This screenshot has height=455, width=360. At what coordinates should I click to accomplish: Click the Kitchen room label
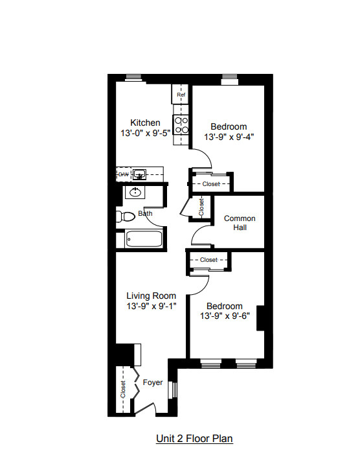[x=145, y=122]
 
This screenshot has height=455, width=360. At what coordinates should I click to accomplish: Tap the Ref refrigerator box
[x=181, y=95]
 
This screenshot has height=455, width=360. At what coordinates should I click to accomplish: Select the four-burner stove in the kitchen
[x=181, y=124]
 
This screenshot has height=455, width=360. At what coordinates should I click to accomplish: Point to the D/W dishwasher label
[x=123, y=174]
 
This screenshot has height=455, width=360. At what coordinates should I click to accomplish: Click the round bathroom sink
[x=135, y=192]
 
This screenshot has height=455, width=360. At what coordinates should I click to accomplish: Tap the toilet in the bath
[x=125, y=216]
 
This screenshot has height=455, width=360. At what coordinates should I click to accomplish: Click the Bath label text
[x=145, y=213]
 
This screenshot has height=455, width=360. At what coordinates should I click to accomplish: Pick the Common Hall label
[x=240, y=223]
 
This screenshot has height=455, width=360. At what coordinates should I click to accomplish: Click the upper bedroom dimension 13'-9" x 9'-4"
[x=229, y=137]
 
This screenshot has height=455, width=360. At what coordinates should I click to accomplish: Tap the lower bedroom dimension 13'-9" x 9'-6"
[x=224, y=317]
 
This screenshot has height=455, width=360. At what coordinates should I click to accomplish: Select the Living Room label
[x=152, y=296]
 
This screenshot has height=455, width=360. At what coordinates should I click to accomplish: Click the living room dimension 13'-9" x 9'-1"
[x=152, y=307]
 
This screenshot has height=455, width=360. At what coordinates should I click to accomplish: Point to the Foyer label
[x=153, y=382]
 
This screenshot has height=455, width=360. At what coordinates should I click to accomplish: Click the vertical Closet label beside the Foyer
[x=123, y=390]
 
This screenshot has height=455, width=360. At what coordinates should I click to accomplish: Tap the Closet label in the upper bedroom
[x=211, y=184]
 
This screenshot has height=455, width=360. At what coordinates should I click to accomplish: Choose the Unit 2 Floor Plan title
[x=194, y=439]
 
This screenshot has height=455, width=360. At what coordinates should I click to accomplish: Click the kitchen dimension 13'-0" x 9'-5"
[x=145, y=134]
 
